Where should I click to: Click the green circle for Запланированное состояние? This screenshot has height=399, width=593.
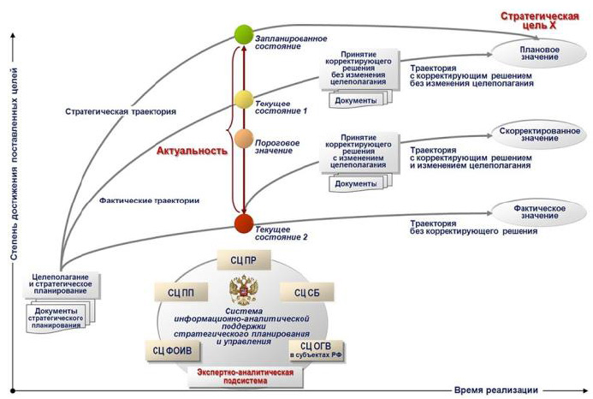coord(243,36)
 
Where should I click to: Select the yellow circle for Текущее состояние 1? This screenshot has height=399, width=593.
coord(243,99)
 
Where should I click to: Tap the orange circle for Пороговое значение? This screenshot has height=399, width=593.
coord(243,137)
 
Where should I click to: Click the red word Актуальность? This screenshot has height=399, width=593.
coord(192,151)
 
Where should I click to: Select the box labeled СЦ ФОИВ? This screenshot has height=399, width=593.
coord(173,348)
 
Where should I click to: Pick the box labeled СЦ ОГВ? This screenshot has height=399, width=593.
coord(314,348)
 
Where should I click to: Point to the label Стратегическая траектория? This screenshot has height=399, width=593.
coord(121,111)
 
